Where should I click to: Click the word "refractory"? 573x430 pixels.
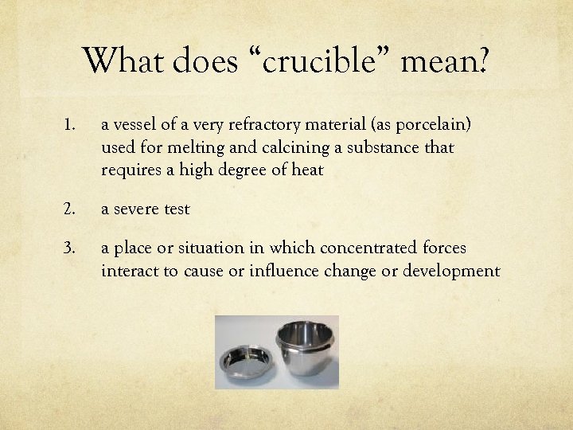(259, 125)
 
